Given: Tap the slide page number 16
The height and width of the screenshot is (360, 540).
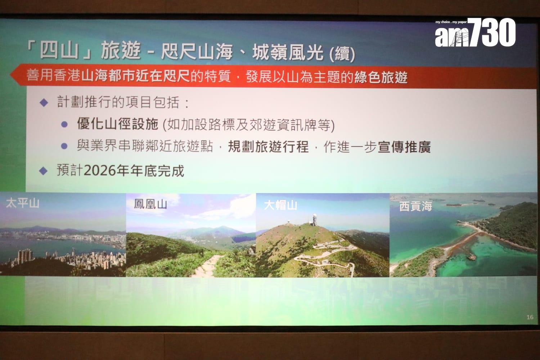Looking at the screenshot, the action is pos(530,317).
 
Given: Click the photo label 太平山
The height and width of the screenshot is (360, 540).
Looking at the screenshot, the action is pos(23,203).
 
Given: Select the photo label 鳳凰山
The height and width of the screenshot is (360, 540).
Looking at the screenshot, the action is pos(150,204).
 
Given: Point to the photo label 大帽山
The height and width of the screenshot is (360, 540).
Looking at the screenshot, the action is pos(280,205).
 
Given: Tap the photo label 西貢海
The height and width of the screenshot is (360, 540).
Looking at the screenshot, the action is pos(415,206).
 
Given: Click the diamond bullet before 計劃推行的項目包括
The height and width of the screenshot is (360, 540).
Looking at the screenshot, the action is pos(44,103).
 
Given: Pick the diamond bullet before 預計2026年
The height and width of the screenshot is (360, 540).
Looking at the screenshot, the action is pos(43,171).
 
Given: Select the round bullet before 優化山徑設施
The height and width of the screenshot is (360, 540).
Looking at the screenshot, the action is pos(64,125).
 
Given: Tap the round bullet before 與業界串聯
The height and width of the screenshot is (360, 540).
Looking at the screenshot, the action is pos(64,146).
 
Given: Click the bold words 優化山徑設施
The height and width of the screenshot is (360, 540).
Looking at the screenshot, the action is pos(118,124).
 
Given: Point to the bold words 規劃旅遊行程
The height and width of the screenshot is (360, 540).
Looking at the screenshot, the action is pos(268,147).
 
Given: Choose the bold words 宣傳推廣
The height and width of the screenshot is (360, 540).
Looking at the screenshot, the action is pos(404,147).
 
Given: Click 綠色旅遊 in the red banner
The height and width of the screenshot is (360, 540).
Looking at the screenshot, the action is pos(381,77).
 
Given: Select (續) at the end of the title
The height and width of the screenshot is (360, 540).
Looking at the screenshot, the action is pos(342,54).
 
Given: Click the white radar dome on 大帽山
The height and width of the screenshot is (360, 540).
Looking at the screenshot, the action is pos(314,216).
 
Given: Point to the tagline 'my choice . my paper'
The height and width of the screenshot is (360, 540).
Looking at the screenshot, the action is pos(451,22).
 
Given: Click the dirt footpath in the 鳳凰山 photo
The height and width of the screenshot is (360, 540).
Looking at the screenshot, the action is pos(207,265).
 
